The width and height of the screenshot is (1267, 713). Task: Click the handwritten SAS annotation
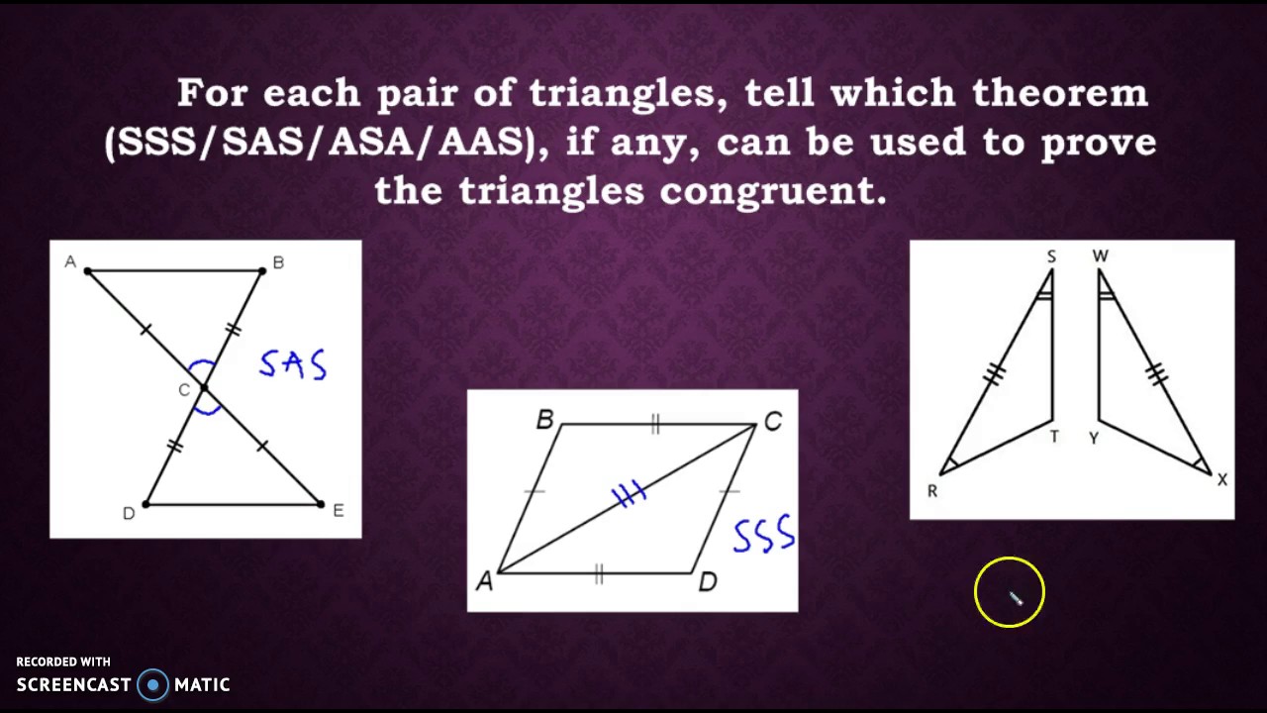point(293,364)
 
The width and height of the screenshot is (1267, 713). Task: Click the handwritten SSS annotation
point(763,535)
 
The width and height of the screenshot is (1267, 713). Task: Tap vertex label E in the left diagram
point(339,511)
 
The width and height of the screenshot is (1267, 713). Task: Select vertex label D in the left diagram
point(128,513)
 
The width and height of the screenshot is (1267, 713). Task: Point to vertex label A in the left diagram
point(70,261)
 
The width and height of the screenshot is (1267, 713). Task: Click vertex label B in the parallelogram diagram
point(544,421)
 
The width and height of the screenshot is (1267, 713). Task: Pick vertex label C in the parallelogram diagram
point(773,423)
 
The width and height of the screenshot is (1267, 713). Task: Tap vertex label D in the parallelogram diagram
point(707,582)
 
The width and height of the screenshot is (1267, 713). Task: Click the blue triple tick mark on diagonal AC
point(630,494)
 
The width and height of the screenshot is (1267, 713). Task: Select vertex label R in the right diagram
point(931,491)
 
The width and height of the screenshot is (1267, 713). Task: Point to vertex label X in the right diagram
point(1222,480)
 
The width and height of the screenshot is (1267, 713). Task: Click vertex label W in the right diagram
point(1101,256)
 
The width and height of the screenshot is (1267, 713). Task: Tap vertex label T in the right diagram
point(1054,437)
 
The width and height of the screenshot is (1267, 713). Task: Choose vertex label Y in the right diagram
point(1094,438)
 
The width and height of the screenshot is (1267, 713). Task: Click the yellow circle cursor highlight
point(1009,593)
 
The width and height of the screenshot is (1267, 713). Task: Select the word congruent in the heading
point(772,190)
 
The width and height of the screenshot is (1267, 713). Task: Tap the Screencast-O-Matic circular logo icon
point(153,684)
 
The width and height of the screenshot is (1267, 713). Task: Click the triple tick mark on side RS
point(995,373)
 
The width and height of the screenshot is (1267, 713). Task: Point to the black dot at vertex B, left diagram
point(262,269)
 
